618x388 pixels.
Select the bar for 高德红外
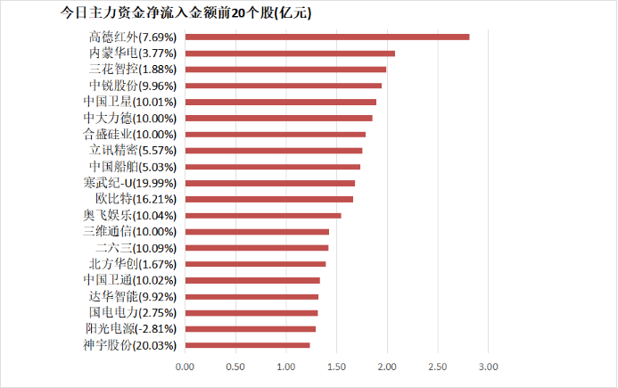pyautogui.click(x=326, y=37)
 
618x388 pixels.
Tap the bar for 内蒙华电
pyautogui.click(x=290, y=54)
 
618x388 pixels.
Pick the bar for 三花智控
pyautogui.click(x=285, y=70)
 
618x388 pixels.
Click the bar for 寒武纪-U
pyautogui.click(x=269, y=183)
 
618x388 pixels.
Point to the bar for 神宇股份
pyautogui.click(x=247, y=345)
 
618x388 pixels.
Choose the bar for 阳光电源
pyautogui.click(x=251, y=329)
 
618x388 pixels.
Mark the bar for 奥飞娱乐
pyautogui.click(x=263, y=215)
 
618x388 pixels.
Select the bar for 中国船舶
pyautogui.click(x=273, y=167)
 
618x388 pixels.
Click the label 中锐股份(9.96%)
pyautogui.click(x=133, y=86)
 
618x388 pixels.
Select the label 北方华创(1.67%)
pyautogui.click(x=133, y=264)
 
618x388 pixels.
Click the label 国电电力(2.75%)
pyautogui.click(x=133, y=313)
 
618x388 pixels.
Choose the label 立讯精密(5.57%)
pyautogui.click(x=133, y=151)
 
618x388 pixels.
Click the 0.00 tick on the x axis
pyautogui.click(x=185, y=367)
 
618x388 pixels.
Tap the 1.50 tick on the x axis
pyautogui.click(x=336, y=367)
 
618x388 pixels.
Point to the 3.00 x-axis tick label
pyautogui.click(x=488, y=367)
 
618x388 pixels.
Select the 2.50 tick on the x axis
pyautogui.click(x=437, y=367)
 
